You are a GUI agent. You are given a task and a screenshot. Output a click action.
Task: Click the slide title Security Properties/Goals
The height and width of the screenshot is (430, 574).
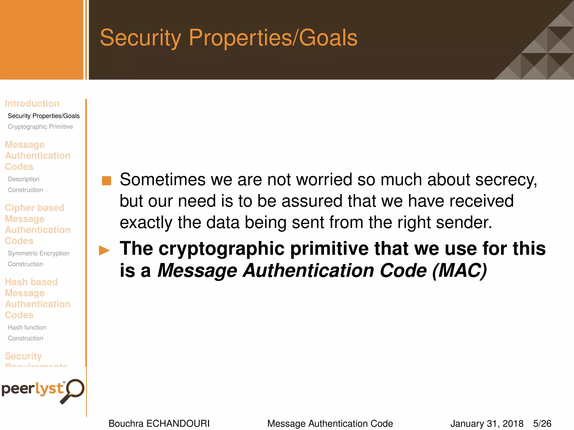tap(228, 38)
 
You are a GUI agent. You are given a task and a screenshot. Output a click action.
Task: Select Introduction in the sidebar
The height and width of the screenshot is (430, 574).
tap(32, 104)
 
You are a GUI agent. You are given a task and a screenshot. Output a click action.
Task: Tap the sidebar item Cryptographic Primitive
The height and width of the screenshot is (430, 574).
tap(40, 127)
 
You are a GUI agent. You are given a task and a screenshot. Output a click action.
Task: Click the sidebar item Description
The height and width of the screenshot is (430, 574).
tap(24, 179)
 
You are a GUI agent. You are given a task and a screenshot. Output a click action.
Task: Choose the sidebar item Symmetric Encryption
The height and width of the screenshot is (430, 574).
tap(38, 253)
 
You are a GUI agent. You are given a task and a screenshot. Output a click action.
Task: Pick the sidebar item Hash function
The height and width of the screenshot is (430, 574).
tap(27, 328)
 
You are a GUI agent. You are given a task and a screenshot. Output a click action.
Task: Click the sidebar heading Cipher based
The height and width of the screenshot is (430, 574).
tap(34, 208)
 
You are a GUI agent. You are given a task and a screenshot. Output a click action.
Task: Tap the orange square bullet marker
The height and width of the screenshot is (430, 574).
tap(107, 181)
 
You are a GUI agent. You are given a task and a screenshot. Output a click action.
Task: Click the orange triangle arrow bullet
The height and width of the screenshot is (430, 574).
tap(104, 250)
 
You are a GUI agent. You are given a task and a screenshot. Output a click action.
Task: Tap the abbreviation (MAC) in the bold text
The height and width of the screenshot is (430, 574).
tap(460, 271)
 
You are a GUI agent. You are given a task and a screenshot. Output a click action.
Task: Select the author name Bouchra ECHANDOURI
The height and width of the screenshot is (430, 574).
tap(159, 424)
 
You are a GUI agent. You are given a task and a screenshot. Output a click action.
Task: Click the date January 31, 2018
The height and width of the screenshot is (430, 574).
tap(487, 424)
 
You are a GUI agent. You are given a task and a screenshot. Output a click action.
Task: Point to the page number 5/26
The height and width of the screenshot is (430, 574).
tap(542, 424)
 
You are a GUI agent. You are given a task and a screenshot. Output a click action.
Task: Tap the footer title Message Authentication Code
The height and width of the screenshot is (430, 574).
tap(330, 424)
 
